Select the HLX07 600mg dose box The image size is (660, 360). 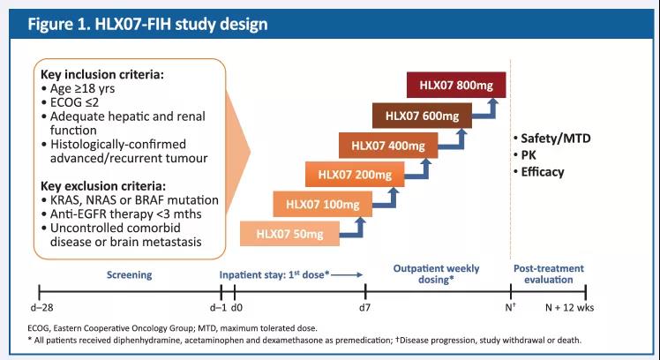click(416, 116)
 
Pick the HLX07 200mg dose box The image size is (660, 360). click(348, 175)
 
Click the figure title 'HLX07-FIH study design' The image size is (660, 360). click(146, 24)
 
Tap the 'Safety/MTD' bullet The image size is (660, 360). click(551, 139)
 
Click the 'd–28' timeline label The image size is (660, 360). click(41, 309)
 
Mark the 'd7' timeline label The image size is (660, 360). click(365, 309)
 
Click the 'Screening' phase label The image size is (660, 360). click(131, 274)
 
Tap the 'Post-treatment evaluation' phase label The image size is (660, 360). click(550, 274)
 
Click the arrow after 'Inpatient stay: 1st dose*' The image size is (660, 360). click(348, 274)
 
